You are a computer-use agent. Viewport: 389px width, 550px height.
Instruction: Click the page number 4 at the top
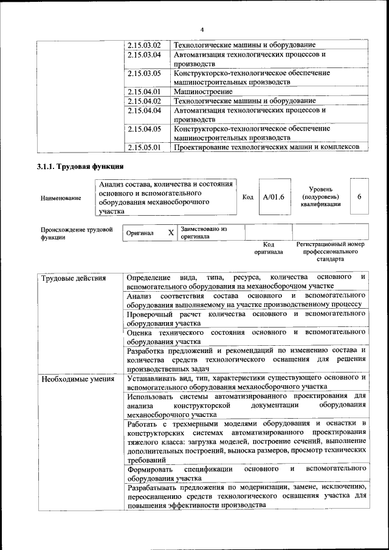(202, 30)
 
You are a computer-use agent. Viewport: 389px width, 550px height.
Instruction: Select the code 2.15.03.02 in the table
(144, 46)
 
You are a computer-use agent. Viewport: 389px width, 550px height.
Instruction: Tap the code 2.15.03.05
(144, 73)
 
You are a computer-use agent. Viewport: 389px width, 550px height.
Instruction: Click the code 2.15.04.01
(144, 92)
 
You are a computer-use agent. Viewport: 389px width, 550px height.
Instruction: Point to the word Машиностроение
(198, 92)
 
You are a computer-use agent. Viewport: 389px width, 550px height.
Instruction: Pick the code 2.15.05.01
(144, 147)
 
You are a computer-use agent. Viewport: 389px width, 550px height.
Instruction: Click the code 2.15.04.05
(144, 129)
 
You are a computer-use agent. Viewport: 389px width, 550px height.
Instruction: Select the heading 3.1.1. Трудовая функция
(80, 166)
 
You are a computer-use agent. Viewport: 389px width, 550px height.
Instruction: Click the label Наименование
(61, 198)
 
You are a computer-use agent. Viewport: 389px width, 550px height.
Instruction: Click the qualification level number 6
(360, 197)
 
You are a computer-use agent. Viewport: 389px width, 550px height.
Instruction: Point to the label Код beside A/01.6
(247, 197)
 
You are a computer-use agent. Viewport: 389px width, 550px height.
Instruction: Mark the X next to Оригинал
(171, 233)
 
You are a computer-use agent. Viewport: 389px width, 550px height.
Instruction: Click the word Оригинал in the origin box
(140, 233)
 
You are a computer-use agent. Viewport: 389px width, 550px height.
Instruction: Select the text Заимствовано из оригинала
(203, 233)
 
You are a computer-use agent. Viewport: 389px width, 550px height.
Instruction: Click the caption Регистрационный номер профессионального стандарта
(329, 251)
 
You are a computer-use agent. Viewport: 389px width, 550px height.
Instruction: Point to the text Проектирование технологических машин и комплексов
(263, 147)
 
